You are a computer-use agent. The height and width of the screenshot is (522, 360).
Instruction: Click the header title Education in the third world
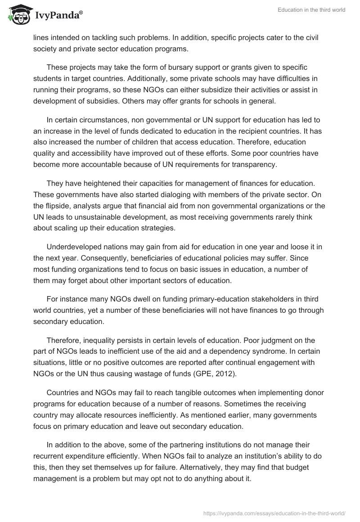[x=311, y=10]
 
